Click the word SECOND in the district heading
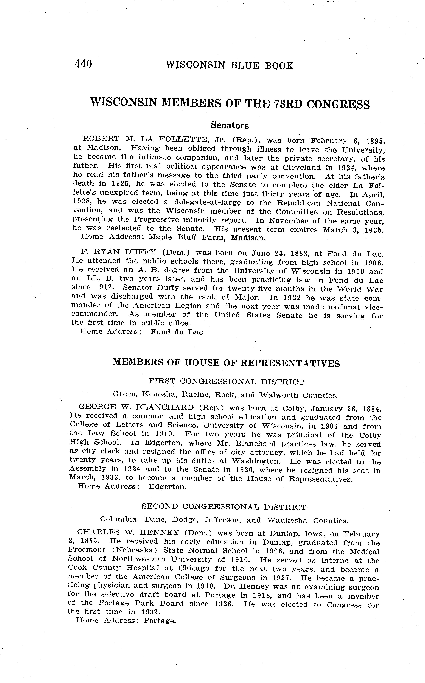[x=160, y=506]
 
